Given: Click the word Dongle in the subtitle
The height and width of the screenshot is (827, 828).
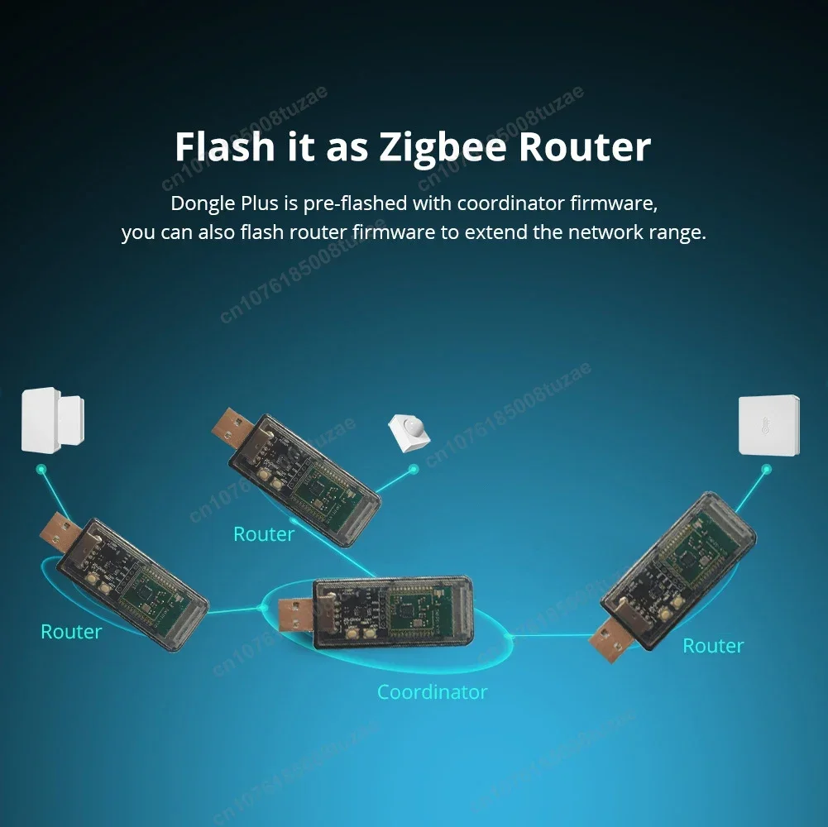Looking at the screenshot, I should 203,203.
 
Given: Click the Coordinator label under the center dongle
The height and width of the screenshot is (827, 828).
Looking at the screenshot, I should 433,691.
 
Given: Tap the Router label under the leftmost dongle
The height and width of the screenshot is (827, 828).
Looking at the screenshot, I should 71,632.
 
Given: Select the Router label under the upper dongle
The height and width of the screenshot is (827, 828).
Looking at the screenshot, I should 264,534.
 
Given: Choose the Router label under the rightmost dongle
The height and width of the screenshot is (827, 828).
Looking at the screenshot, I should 713,646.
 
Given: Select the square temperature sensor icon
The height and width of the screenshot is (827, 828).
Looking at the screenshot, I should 768,425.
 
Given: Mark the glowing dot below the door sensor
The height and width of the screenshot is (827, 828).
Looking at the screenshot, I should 41,470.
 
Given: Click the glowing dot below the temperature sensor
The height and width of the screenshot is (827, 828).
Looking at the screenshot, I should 766,470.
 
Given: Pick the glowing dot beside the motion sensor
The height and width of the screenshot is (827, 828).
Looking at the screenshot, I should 414,469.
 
